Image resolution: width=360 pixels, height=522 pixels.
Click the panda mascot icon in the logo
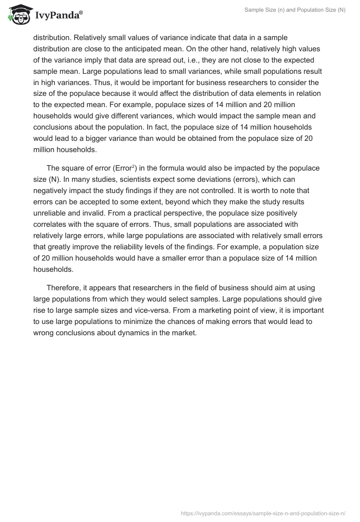(18, 15)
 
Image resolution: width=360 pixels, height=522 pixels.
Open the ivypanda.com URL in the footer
(262, 513)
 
